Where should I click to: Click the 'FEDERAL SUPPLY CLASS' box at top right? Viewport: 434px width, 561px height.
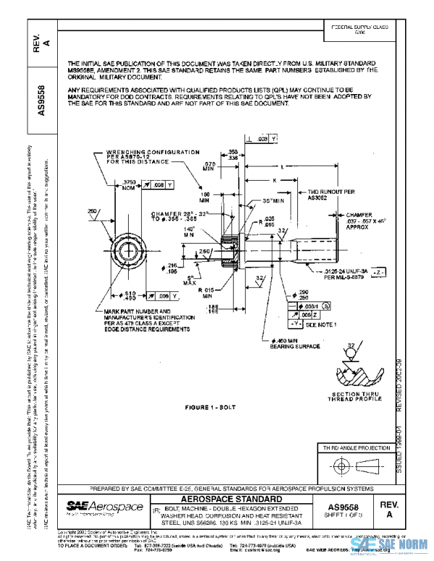click(359, 30)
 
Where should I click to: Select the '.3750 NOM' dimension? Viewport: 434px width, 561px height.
click(130, 184)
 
